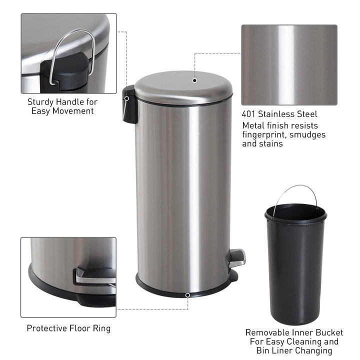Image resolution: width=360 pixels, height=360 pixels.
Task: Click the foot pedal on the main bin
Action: pyautogui.click(x=237, y=257)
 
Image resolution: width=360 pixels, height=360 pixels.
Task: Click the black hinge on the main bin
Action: pyautogui.click(x=129, y=105)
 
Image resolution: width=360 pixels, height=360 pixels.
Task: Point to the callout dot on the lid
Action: pyautogui.click(x=195, y=80)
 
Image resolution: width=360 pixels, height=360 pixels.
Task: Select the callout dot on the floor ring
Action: pyautogui.click(x=187, y=295)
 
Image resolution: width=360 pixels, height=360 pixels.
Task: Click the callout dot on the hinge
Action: pyautogui.click(x=127, y=98)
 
